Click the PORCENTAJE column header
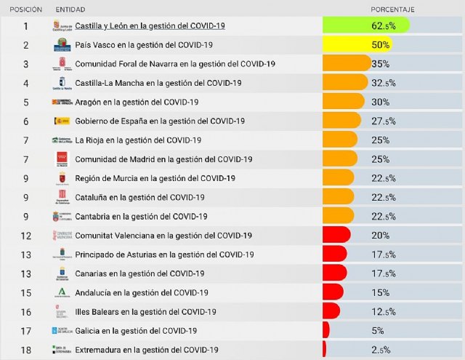click(392, 10)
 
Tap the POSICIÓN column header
click(26, 10)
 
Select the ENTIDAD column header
click(70, 10)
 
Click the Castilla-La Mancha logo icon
click(62, 83)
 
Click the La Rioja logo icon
click(62, 140)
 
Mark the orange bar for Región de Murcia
click(338, 177)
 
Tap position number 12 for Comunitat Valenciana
click(26, 235)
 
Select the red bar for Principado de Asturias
click(334, 254)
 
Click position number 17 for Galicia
click(26, 330)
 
